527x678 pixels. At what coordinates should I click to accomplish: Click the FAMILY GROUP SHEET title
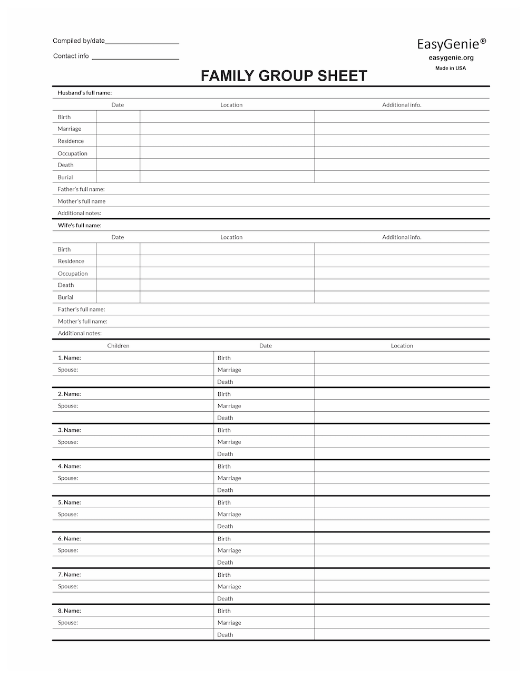(284, 76)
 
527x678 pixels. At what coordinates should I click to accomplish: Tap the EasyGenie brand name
(451, 44)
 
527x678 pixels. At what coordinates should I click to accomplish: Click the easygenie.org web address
(451, 58)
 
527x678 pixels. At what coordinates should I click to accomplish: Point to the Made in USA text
(451, 68)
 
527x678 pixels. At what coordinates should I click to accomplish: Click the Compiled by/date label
(79, 41)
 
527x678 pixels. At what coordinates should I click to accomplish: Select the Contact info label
(71, 56)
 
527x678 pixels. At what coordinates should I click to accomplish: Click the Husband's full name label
(84, 93)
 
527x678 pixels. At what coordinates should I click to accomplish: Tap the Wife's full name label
(79, 226)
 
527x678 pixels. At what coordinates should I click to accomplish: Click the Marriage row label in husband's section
(70, 129)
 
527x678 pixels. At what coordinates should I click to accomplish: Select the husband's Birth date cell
(118, 117)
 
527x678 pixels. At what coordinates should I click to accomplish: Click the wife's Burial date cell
(118, 297)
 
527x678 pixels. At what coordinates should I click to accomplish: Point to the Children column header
(118, 346)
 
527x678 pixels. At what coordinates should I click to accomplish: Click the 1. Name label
(69, 358)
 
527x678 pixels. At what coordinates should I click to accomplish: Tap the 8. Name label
(69, 611)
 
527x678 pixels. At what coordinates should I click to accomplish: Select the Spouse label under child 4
(68, 478)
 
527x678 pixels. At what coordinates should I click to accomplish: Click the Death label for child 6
(225, 563)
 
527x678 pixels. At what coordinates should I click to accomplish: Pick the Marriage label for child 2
(229, 406)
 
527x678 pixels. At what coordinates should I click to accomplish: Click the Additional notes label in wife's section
(80, 333)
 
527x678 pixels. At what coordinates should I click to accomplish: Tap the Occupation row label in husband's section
(73, 153)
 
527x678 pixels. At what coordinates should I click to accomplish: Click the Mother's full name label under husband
(82, 201)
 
